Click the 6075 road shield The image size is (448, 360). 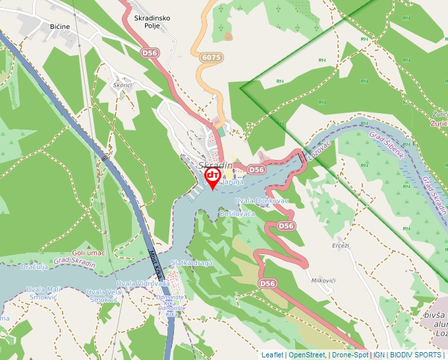click(211, 58)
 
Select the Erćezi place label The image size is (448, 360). click(341, 245)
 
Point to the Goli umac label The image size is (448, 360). click(88, 253)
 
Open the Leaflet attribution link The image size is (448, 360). click(272, 355)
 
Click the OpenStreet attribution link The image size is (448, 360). click(306, 355)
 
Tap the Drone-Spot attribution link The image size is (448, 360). click(350, 355)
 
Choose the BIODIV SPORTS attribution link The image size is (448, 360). click(416, 355)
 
